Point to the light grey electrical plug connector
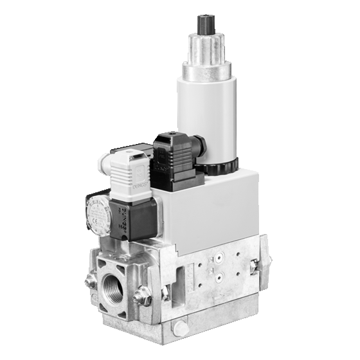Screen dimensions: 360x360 129,177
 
